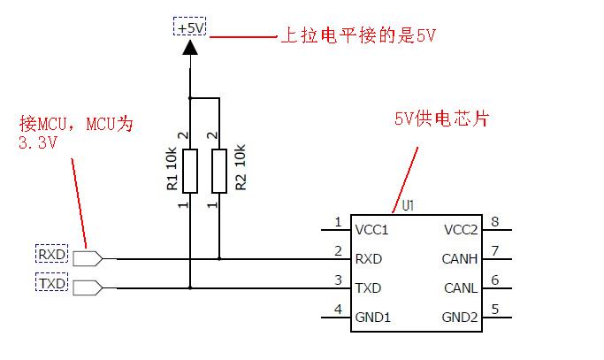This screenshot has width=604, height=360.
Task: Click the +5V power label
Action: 190,28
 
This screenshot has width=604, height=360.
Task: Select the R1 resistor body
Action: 190,171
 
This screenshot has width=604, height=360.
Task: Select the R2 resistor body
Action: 218,171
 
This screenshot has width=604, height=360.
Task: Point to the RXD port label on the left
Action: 51,255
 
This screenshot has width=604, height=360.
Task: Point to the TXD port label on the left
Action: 51,283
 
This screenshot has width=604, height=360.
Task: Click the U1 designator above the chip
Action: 408,205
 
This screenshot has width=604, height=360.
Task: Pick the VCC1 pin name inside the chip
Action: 371,230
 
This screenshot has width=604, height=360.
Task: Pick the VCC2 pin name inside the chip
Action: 460,230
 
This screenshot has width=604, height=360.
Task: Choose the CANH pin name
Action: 460,259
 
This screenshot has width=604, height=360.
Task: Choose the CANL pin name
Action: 460,287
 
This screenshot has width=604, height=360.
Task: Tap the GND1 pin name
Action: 372,317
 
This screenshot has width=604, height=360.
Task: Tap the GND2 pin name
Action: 460,317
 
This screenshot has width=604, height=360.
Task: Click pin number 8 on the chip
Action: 495,222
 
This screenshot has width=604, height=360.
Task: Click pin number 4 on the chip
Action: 338,309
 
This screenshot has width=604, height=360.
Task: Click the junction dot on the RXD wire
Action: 218,259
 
